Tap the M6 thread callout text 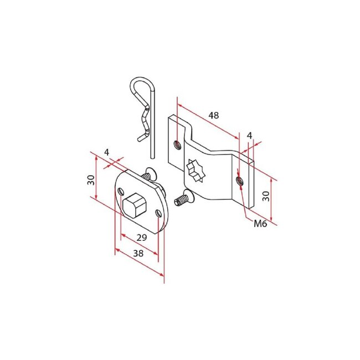(260, 224)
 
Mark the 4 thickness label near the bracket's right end (249, 135)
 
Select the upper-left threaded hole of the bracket (177, 145)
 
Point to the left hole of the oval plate (121, 192)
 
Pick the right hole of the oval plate (159, 213)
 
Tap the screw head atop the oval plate (148, 174)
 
